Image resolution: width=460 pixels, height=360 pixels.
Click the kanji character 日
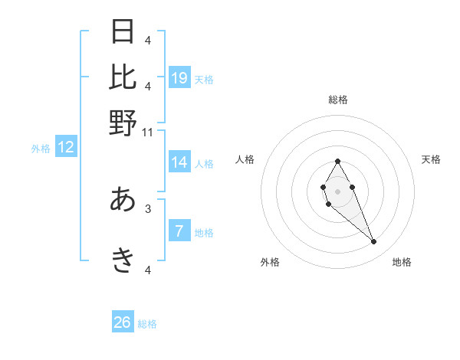pyautogui.click(x=123, y=32)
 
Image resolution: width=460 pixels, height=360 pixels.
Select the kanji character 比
pyautogui.click(x=123, y=77)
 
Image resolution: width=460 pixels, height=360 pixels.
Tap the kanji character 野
pyautogui.click(x=123, y=123)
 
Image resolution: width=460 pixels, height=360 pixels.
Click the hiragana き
pyautogui.click(x=123, y=261)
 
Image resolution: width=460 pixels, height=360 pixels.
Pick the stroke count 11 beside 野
pyautogui.click(x=148, y=132)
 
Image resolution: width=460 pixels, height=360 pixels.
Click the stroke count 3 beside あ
pyautogui.click(x=148, y=208)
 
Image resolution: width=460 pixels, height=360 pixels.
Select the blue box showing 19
pyautogui.click(x=179, y=77)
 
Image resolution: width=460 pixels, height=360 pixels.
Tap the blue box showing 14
pyautogui.click(x=179, y=162)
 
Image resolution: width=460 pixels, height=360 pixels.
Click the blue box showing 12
pyautogui.click(x=66, y=148)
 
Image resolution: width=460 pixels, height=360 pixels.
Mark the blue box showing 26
pyautogui.click(x=123, y=322)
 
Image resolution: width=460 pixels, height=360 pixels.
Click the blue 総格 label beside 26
pyautogui.click(x=147, y=324)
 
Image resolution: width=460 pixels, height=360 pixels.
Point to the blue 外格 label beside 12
pyautogui.click(x=41, y=149)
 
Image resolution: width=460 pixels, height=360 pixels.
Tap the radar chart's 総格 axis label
pyautogui.click(x=338, y=100)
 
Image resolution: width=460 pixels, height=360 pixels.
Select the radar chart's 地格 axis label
pyautogui.click(x=402, y=263)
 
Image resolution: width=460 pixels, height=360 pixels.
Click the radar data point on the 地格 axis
pyautogui.click(x=373, y=242)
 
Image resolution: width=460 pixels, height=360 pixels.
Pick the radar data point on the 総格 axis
pyautogui.click(x=337, y=161)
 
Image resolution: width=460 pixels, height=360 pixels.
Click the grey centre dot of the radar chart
pyautogui.click(x=337, y=190)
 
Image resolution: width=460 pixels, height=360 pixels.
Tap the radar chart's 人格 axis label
pyautogui.click(x=245, y=159)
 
